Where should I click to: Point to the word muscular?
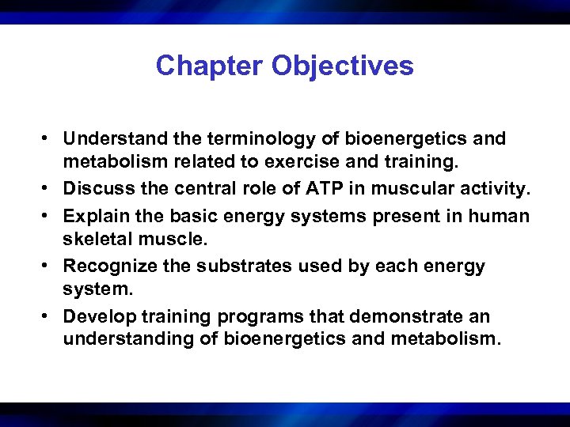395,190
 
